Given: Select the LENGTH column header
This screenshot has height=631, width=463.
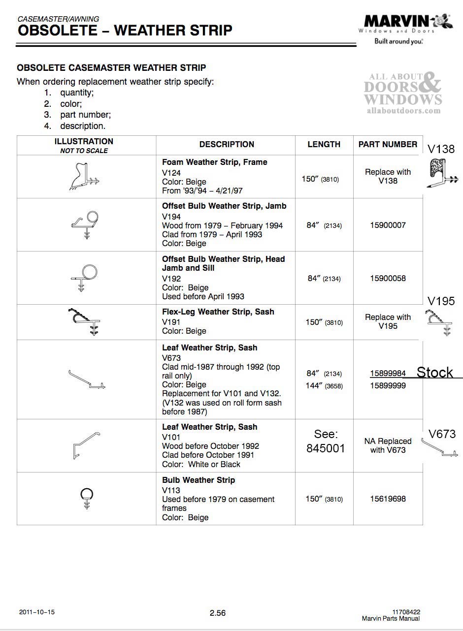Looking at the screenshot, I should pyautogui.click(x=324, y=144).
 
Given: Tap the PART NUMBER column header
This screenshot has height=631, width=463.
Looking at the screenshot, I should pyautogui.click(x=388, y=144).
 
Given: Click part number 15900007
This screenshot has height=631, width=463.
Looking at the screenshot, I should pyautogui.click(x=388, y=225).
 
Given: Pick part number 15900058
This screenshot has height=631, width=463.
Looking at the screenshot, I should pyautogui.click(x=388, y=279).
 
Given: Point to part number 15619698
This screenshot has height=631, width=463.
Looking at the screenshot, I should pyautogui.click(x=388, y=499).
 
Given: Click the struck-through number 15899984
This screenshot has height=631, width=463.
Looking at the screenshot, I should pyautogui.click(x=388, y=374).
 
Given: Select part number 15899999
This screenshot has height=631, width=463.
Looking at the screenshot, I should pyautogui.click(x=388, y=386).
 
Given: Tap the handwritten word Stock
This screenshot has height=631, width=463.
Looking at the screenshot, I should pyautogui.click(x=434, y=373).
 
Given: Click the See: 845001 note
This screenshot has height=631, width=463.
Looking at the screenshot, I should pyautogui.click(x=326, y=442).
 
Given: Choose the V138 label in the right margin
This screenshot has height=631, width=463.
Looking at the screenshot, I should pyautogui.click(x=441, y=149).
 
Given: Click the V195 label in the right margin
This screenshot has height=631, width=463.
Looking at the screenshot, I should pyautogui.click(x=441, y=301).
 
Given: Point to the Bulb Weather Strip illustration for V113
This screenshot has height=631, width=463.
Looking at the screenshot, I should pyautogui.click(x=87, y=498).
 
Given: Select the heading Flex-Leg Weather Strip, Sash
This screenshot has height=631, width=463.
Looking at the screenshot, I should pyautogui.click(x=218, y=312).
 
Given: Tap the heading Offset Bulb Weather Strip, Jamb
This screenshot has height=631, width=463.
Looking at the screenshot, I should pyautogui.click(x=224, y=206).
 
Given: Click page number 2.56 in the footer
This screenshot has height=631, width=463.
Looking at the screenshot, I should pyautogui.click(x=218, y=613).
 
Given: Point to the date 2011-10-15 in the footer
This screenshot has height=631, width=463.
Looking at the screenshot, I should pyautogui.click(x=37, y=612).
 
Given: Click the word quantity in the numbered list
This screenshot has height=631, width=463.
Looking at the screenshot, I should pyautogui.click(x=77, y=93).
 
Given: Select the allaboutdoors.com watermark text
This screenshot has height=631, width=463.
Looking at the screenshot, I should pyautogui.click(x=403, y=111).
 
